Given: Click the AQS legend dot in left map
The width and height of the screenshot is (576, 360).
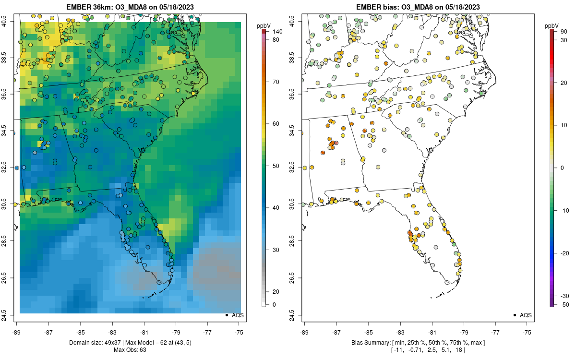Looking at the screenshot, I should pyautogui.click(x=226, y=315).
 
